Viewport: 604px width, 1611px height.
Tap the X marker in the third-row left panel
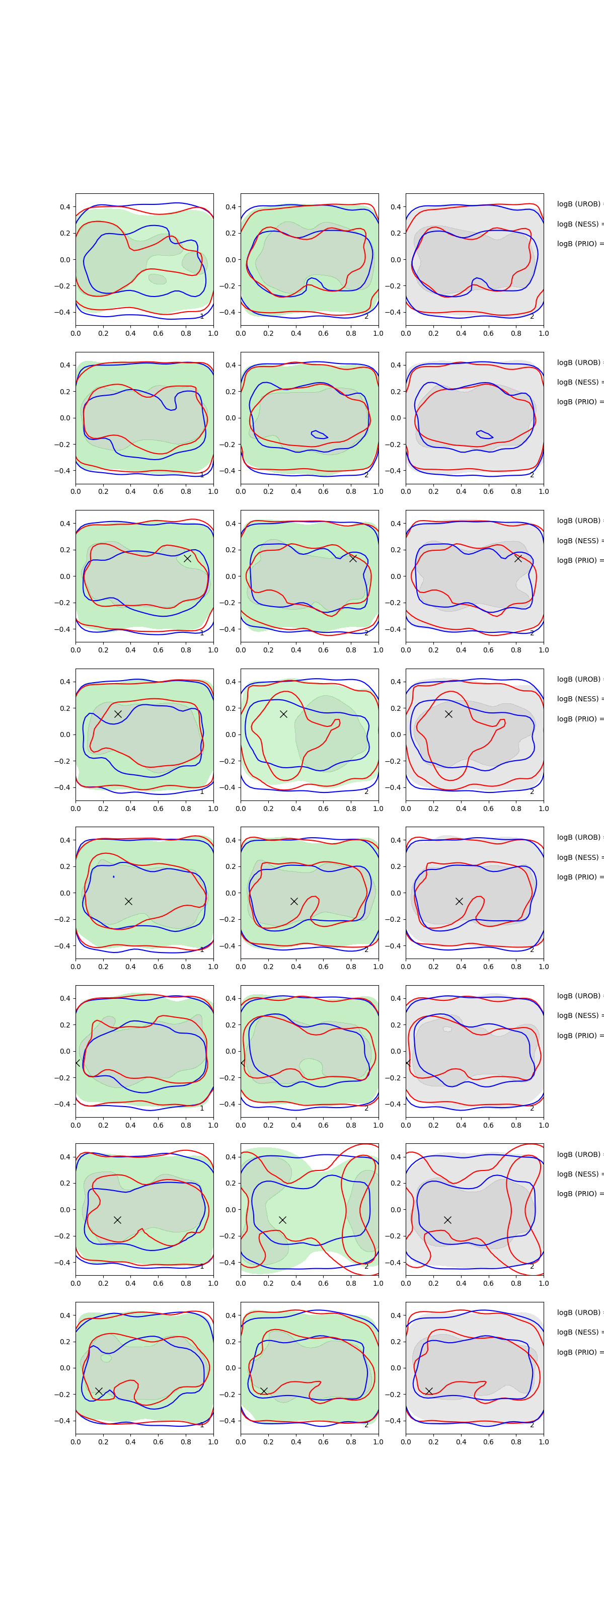click(187, 558)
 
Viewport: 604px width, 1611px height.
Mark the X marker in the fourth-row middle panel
click(283, 713)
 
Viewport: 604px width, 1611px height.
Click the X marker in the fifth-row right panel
click(459, 901)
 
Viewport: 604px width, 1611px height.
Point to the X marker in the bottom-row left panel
click(99, 1391)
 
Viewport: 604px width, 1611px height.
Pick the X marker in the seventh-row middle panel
click(282, 1219)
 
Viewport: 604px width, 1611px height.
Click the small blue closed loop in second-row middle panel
click(320, 434)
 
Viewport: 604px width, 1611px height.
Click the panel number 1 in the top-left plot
click(201, 317)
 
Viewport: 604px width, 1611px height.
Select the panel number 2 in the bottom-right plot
click(532, 1425)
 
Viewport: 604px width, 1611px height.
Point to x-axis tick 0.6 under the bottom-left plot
click(158, 1441)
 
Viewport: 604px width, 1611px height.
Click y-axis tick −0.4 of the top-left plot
click(65, 312)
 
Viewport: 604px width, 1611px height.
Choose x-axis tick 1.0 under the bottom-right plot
click(544, 1441)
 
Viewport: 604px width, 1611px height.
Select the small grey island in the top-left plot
click(157, 279)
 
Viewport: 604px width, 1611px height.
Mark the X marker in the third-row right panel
click(518, 558)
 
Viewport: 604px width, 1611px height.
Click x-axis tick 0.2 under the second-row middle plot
click(268, 491)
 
